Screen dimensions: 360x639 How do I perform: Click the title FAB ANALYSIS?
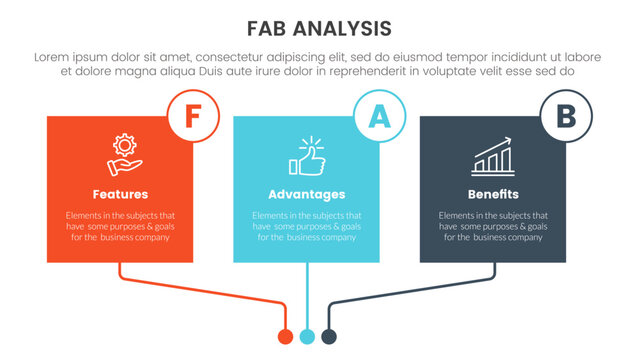319,27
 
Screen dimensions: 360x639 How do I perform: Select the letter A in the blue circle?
379,117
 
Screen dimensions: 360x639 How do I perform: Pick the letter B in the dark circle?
565,118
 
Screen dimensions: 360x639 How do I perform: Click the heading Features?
120,194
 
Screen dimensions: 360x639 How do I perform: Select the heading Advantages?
306,194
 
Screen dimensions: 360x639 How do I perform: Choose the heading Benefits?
493,194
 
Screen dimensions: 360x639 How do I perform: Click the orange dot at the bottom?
285,335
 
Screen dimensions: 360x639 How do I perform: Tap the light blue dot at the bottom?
307,335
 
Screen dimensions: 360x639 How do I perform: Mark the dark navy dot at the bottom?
328,335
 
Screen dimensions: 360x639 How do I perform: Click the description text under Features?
120,227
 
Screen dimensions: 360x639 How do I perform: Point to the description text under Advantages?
306,227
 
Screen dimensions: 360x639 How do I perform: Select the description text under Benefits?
493,227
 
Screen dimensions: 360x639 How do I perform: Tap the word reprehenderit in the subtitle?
368,72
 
